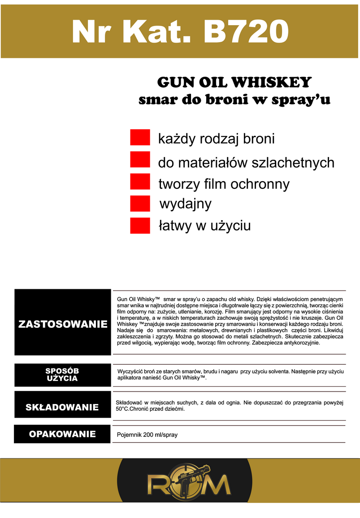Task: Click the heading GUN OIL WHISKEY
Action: click(x=234, y=83)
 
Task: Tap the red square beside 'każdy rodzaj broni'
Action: click(x=140, y=138)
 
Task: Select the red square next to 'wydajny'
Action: click(x=140, y=203)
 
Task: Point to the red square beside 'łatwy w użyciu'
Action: click(x=140, y=225)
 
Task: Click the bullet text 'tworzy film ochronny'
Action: click(x=224, y=184)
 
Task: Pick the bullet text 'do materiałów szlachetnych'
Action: click(x=246, y=162)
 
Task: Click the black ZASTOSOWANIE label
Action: click(x=63, y=324)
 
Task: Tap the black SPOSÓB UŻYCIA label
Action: click(x=62, y=374)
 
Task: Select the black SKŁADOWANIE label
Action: click(x=62, y=407)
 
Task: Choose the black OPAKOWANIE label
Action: click(x=62, y=434)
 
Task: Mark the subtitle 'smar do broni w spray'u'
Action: click(x=234, y=100)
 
